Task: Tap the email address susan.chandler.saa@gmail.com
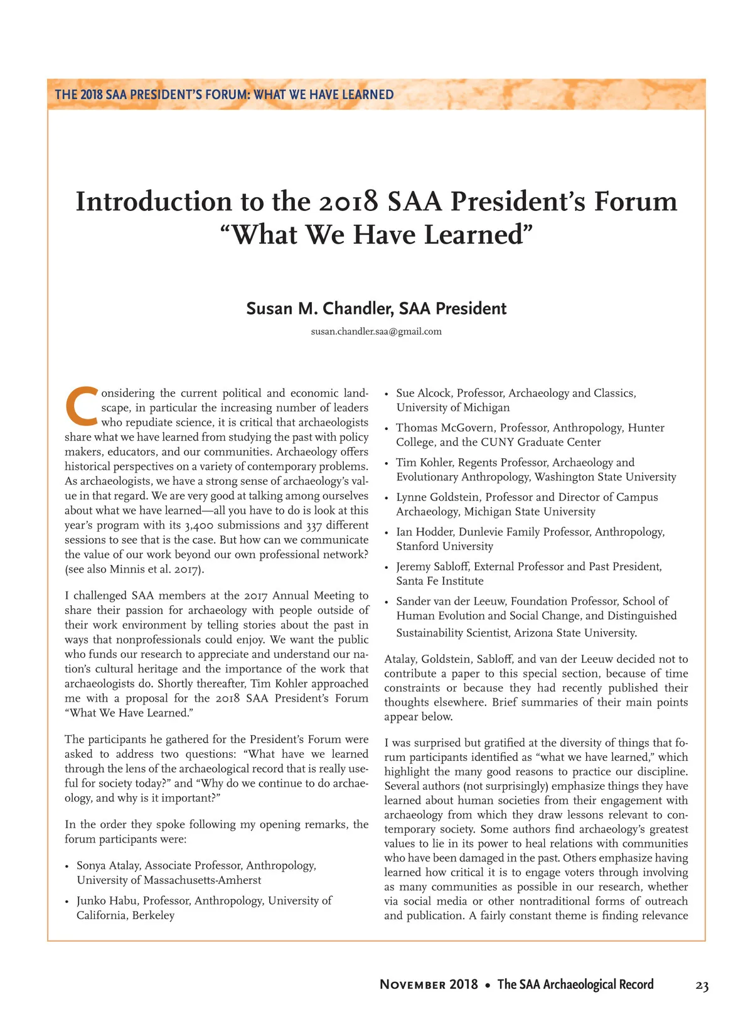[376, 331]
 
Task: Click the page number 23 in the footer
[702, 986]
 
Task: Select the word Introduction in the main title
[154, 202]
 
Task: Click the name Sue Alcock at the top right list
[423, 393]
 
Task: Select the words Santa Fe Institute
[440, 581]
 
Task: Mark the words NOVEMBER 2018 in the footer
[429, 984]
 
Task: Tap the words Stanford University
[444, 546]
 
